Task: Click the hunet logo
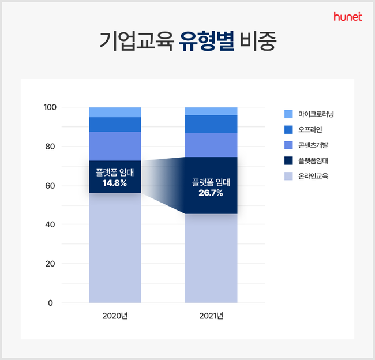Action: click(x=348, y=16)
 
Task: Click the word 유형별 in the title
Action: click(x=207, y=41)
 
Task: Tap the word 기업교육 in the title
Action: click(x=136, y=41)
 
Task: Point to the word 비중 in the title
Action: click(x=258, y=41)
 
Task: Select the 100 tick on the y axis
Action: click(x=50, y=107)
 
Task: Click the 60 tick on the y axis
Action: click(x=50, y=185)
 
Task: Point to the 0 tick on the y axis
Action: click(x=50, y=303)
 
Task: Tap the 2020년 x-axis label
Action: click(x=115, y=316)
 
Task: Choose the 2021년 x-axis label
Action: click(x=211, y=316)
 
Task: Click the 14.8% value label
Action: click(x=115, y=183)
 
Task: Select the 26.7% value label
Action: click(x=211, y=193)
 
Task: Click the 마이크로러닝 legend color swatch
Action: click(x=288, y=114)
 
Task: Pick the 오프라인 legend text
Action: click(x=310, y=129)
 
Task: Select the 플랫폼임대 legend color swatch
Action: click(x=288, y=160)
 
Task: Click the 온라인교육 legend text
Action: click(x=313, y=176)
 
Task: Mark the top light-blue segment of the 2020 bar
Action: click(x=115, y=112)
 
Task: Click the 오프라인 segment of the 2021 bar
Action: click(x=211, y=124)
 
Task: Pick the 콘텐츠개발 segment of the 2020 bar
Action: click(x=115, y=146)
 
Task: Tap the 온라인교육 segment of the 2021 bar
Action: click(x=211, y=258)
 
